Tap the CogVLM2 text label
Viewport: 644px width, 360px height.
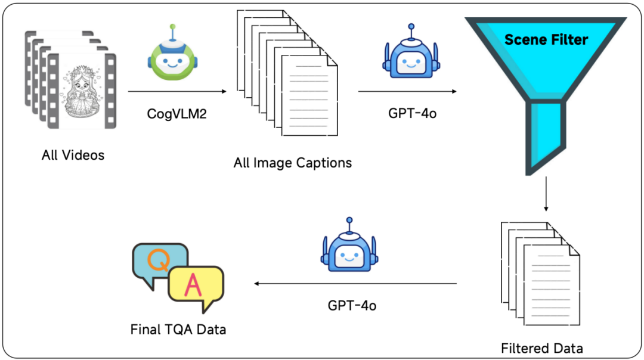tap(177, 113)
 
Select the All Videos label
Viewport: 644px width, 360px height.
tap(73, 156)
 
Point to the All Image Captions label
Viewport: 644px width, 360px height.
tap(292, 162)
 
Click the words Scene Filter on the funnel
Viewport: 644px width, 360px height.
tap(546, 40)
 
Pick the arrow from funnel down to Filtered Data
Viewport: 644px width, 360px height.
tap(545, 194)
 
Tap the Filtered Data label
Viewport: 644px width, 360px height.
tap(541, 347)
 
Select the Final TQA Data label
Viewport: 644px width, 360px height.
tap(178, 329)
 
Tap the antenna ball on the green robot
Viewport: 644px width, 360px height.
tap(172, 27)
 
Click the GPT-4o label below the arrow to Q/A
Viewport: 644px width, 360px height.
tap(352, 306)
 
